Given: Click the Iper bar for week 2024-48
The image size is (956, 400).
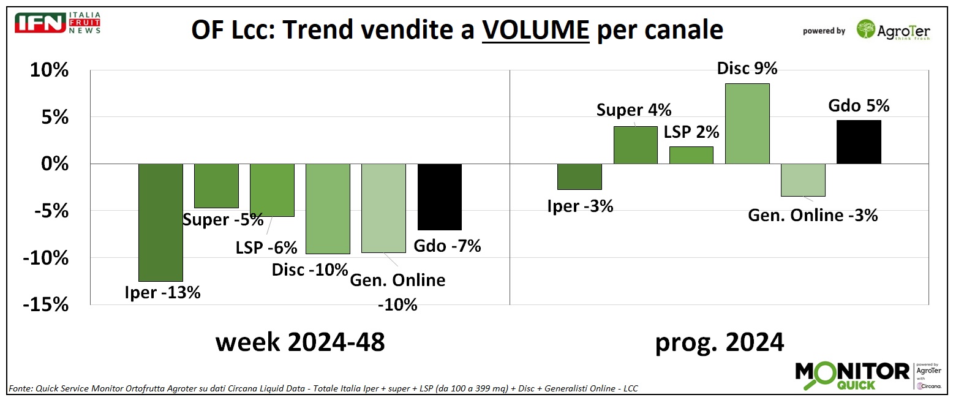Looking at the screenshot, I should coord(161,222).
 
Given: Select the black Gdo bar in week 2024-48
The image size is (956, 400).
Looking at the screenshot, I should coord(439,197).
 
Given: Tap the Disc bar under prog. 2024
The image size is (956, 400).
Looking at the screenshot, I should coord(747,124).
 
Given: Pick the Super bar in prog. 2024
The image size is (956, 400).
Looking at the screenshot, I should coord(636,145).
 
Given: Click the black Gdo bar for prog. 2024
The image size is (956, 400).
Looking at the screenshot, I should coord(859,142).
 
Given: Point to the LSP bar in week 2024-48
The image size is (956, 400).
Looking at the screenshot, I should coord(272,190).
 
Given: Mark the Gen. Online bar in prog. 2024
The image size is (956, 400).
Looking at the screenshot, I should coord(803,180).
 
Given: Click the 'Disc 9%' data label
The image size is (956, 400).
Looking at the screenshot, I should coord(747,69).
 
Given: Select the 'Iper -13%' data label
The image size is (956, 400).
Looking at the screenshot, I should coord(162,293).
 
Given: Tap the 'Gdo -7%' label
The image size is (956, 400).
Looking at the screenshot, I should coord(447,246).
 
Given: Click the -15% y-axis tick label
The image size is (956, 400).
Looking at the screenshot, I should coord(46,304).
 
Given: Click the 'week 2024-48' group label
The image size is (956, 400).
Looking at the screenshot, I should coord(300,342).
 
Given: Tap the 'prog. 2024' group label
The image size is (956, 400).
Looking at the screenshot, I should coord(720,342).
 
